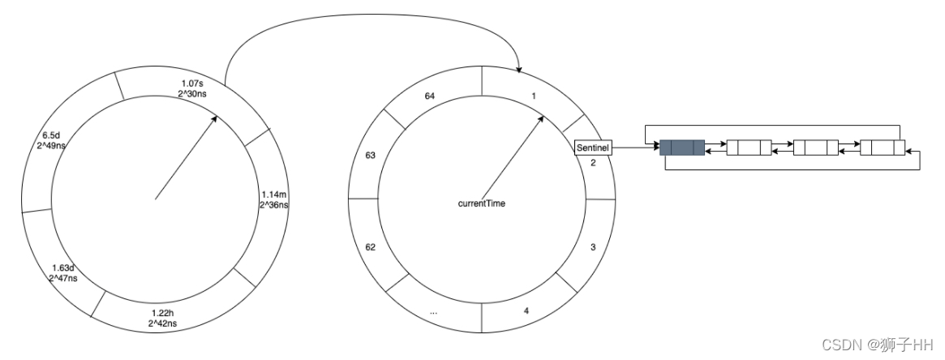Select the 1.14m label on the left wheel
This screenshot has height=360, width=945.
click(274, 199)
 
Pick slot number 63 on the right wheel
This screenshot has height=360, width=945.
click(370, 155)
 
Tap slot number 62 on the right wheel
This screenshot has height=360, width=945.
click(370, 246)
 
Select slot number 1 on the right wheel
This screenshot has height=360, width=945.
click(533, 96)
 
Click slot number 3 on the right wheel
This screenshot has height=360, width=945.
click(593, 246)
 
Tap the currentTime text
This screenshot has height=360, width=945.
click(482, 203)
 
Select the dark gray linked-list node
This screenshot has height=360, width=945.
click(681, 148)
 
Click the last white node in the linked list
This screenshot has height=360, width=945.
click(882, 148)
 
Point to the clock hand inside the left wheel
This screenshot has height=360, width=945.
click(185, 157)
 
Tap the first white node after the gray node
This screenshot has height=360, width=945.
click(748, 148)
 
